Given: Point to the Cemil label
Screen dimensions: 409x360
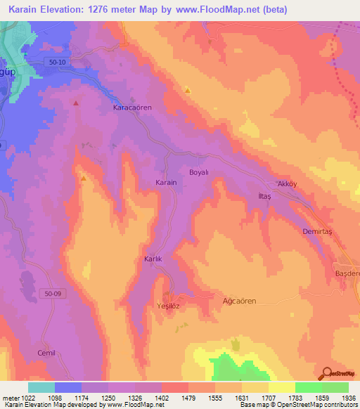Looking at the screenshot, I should coord(48,353).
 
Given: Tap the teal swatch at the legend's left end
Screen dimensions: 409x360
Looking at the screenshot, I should coord(41,387).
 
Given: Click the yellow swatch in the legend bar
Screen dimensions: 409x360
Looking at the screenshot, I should coord(282,387).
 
